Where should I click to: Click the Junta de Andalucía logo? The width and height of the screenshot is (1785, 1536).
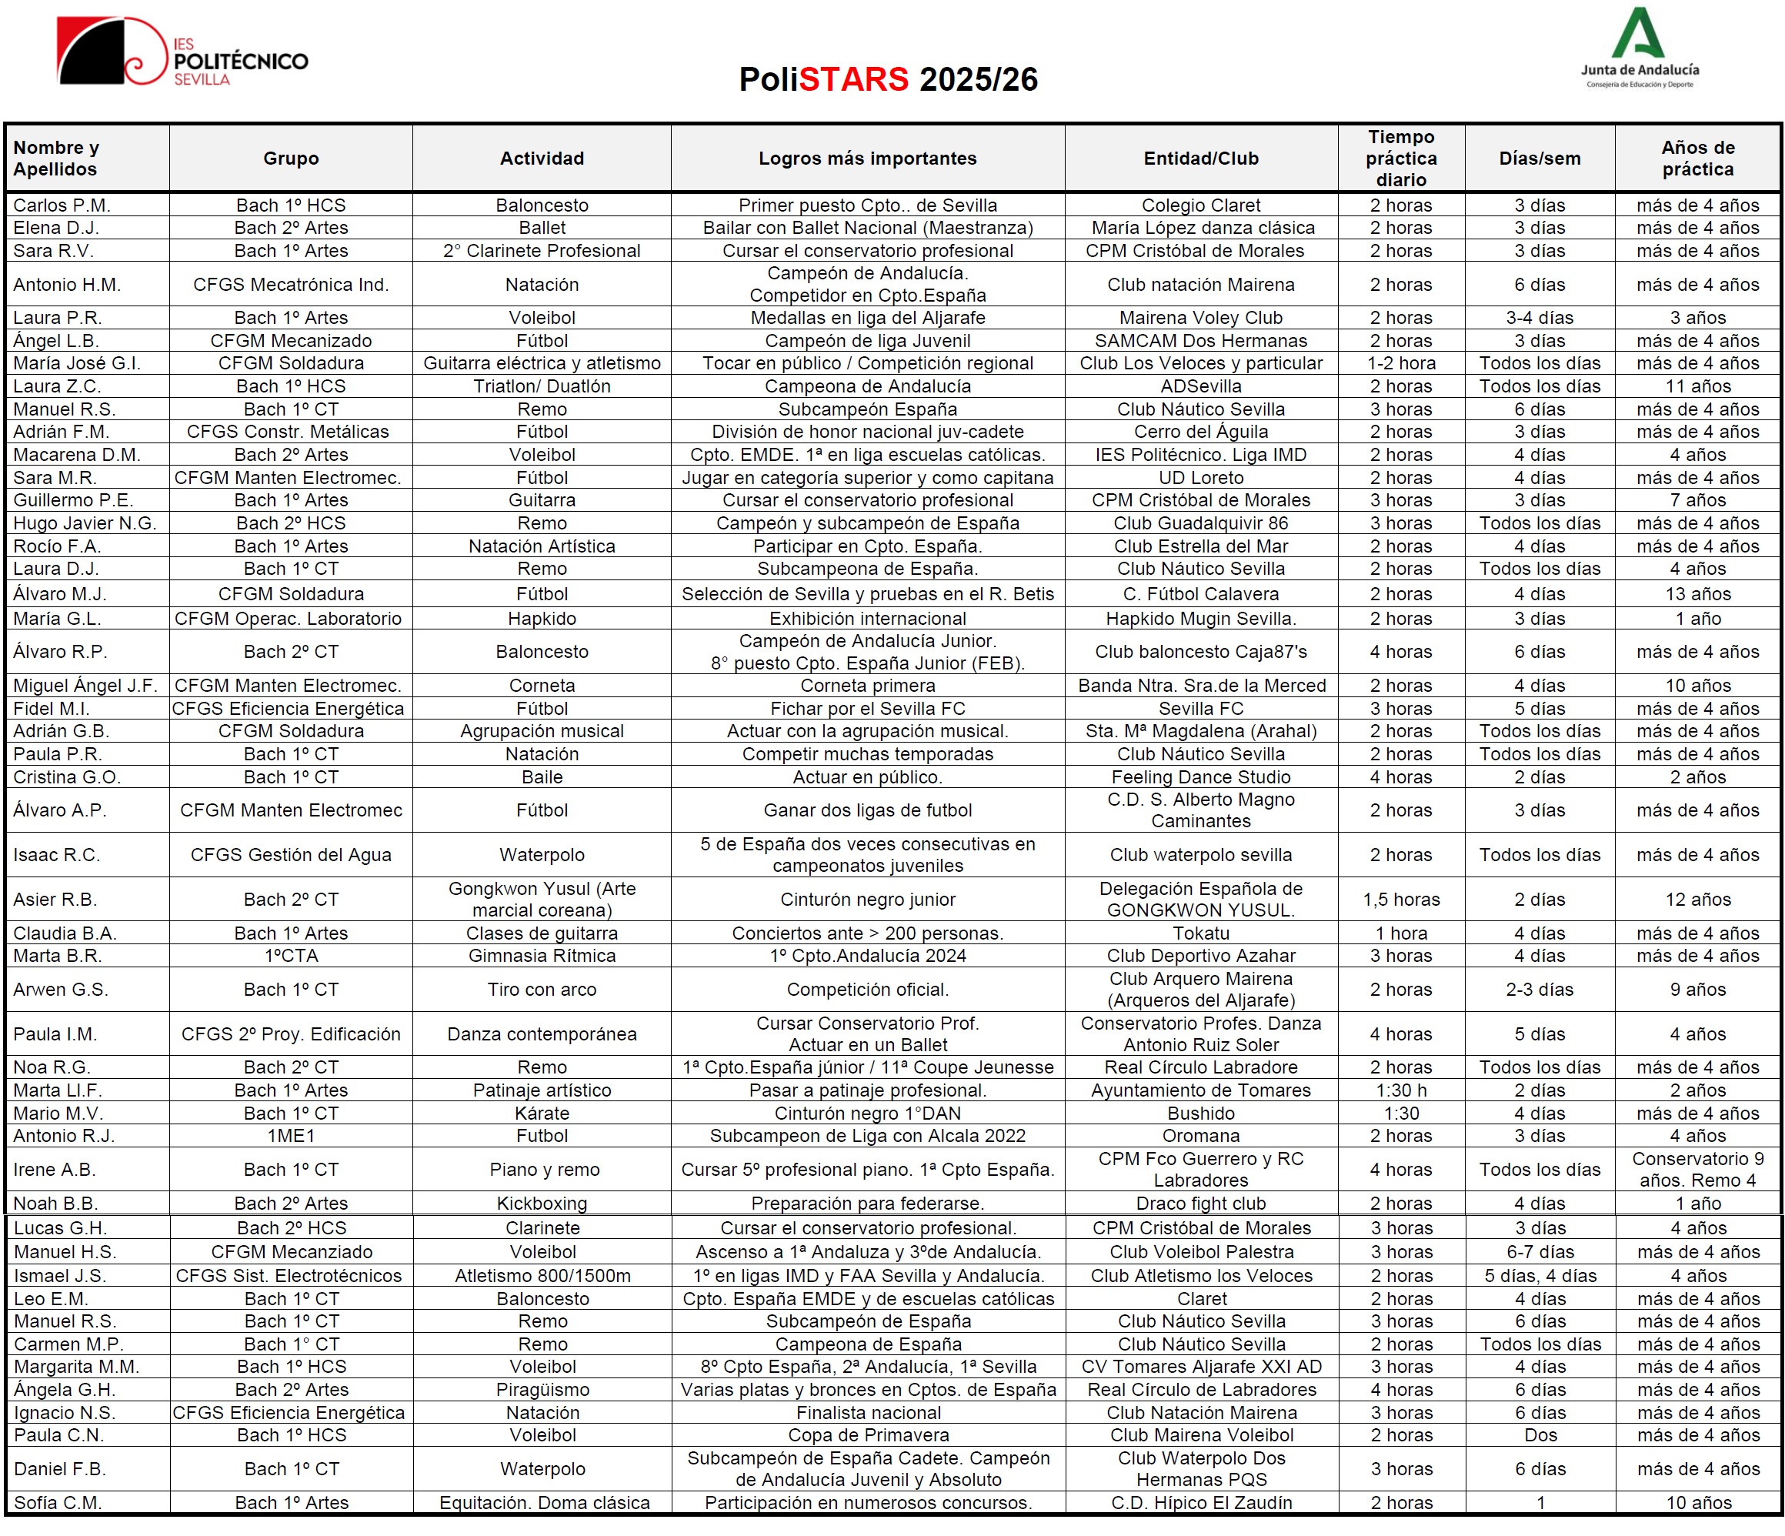(x=1640, y=49)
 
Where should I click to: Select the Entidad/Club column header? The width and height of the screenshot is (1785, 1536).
(x=1201, y=159)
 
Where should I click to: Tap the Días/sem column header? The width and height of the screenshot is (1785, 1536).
(x=1540, y=159)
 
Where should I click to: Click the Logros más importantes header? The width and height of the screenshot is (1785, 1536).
(x=868, y=159)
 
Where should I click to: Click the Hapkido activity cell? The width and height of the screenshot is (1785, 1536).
(x=542, y=619)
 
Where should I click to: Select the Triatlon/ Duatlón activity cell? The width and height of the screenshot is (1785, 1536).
(x=542, y=387)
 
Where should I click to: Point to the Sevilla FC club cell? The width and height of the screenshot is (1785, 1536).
(x=1201, y=709)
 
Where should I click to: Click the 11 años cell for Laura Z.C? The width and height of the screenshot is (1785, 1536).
(x=1698, y=387)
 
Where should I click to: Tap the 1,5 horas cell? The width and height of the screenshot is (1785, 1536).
(x=1401, y=900)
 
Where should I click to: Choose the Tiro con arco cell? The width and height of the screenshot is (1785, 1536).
(x=542, y=990)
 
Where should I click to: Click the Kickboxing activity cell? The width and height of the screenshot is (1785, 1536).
(x=542, y=1204)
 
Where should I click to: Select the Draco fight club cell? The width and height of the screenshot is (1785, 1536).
(x=1201, y=1204)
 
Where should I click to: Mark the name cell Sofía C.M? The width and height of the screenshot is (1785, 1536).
(x=58, y=1503)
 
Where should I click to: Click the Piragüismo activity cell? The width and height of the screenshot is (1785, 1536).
(x=542, y=1390)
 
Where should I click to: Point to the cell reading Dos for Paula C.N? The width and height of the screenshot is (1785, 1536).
(x=1540, y=1435)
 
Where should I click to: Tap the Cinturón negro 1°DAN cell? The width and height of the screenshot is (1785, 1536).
(x=868, y=1114)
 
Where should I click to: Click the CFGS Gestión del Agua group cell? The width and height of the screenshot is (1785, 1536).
(x=291, y=856)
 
